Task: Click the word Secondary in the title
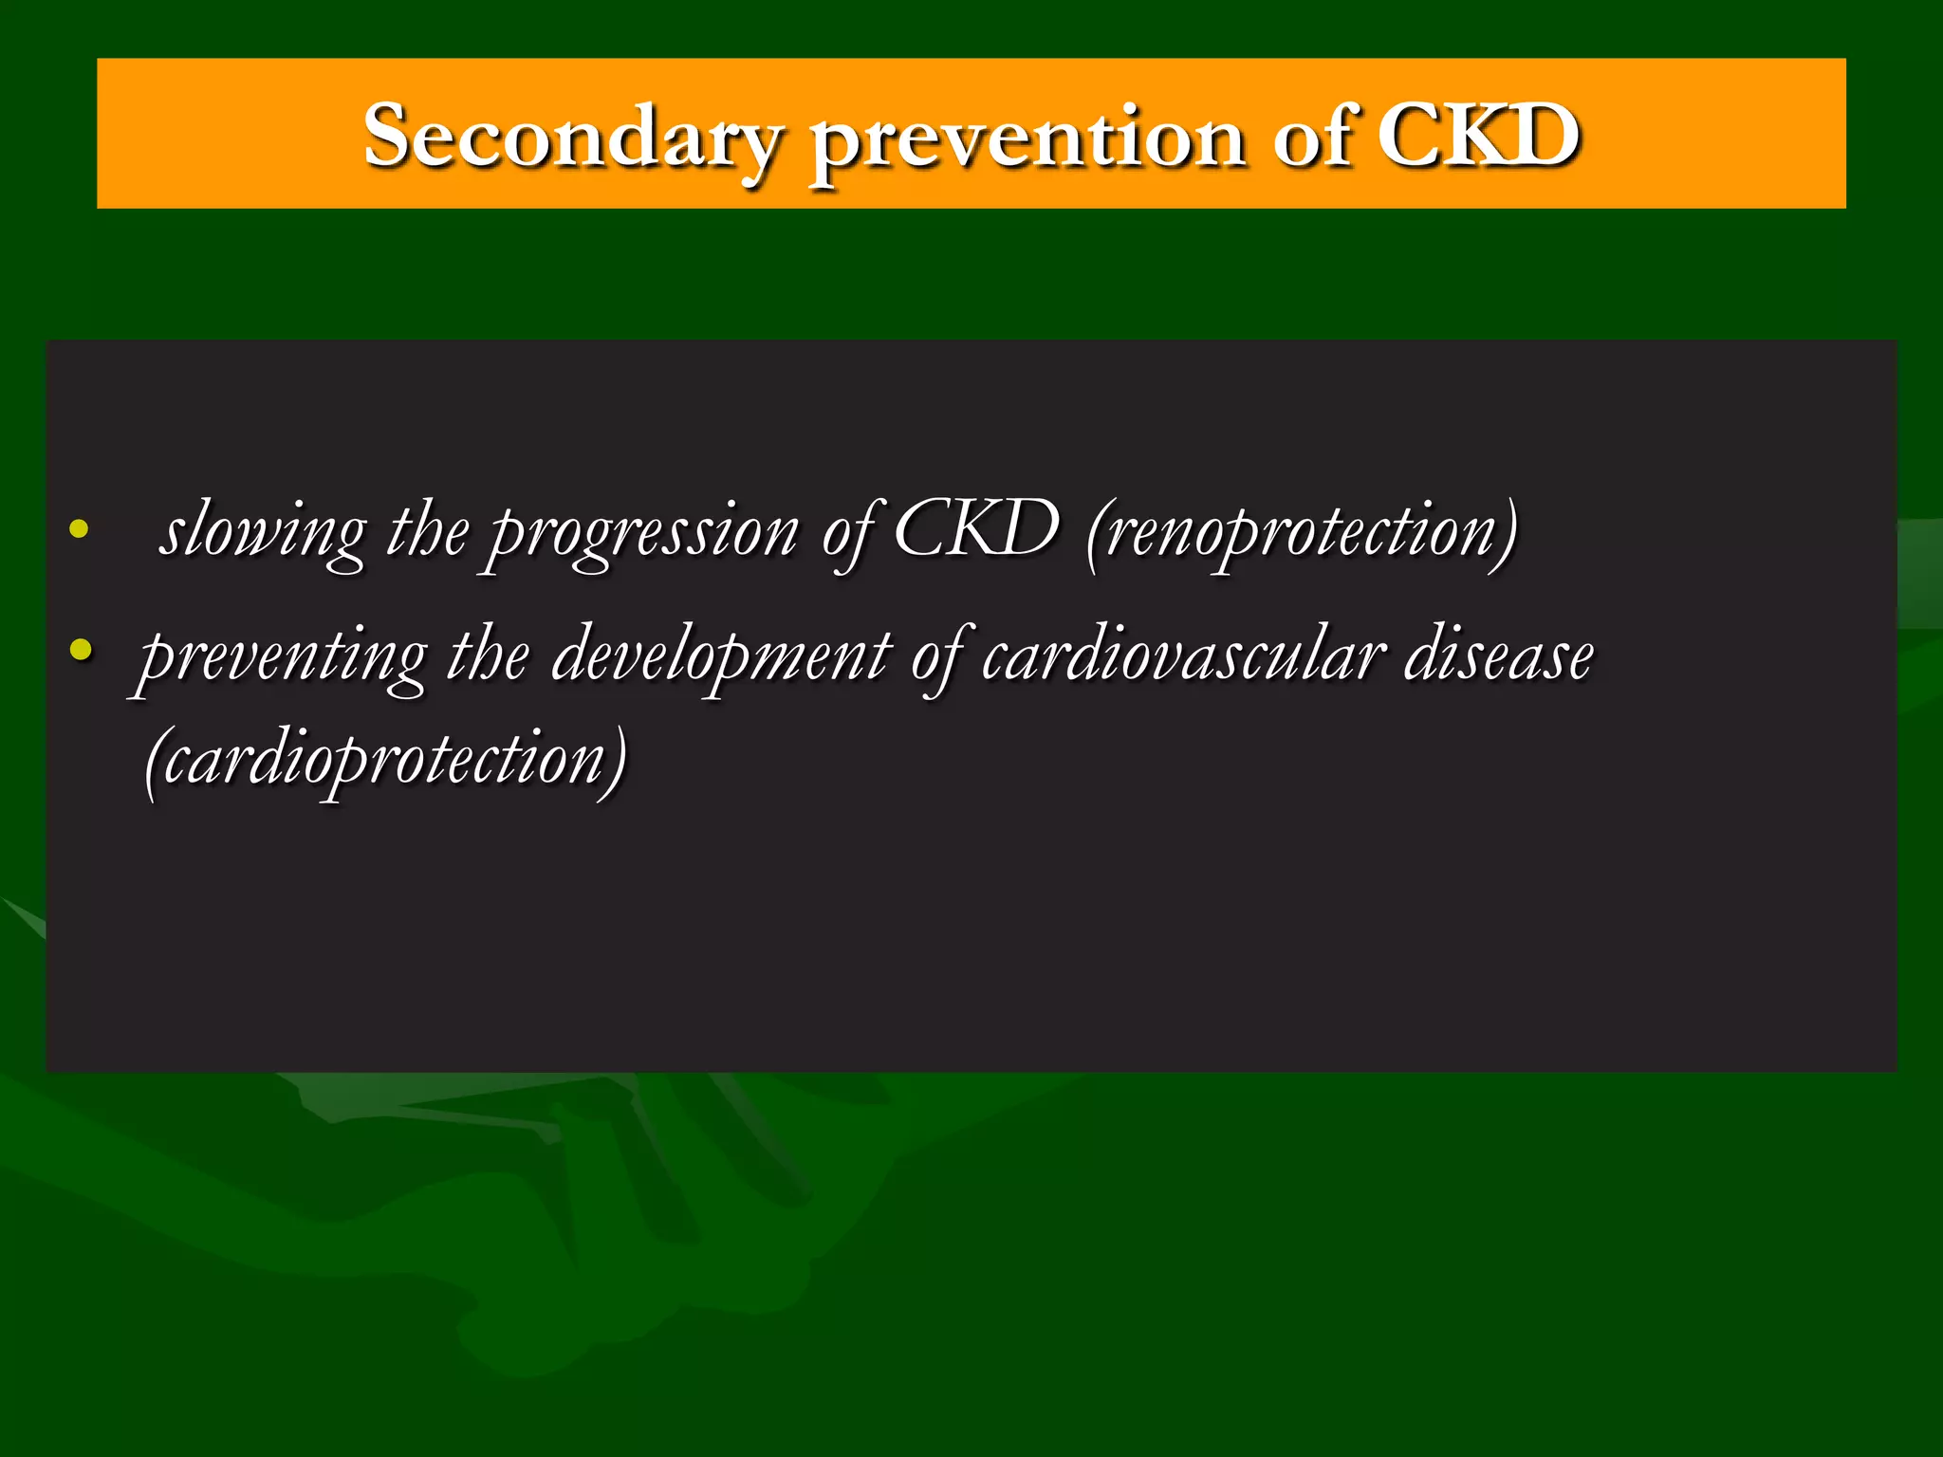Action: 572,138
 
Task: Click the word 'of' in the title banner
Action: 1313,138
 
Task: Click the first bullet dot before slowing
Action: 80,530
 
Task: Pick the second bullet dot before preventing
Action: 81,651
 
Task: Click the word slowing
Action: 263,533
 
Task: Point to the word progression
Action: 644,535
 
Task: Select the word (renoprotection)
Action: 1302,533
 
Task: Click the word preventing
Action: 282,658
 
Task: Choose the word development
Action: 721,658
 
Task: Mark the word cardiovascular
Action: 1182,656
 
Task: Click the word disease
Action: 1498,656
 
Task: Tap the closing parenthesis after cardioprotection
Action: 617,761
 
